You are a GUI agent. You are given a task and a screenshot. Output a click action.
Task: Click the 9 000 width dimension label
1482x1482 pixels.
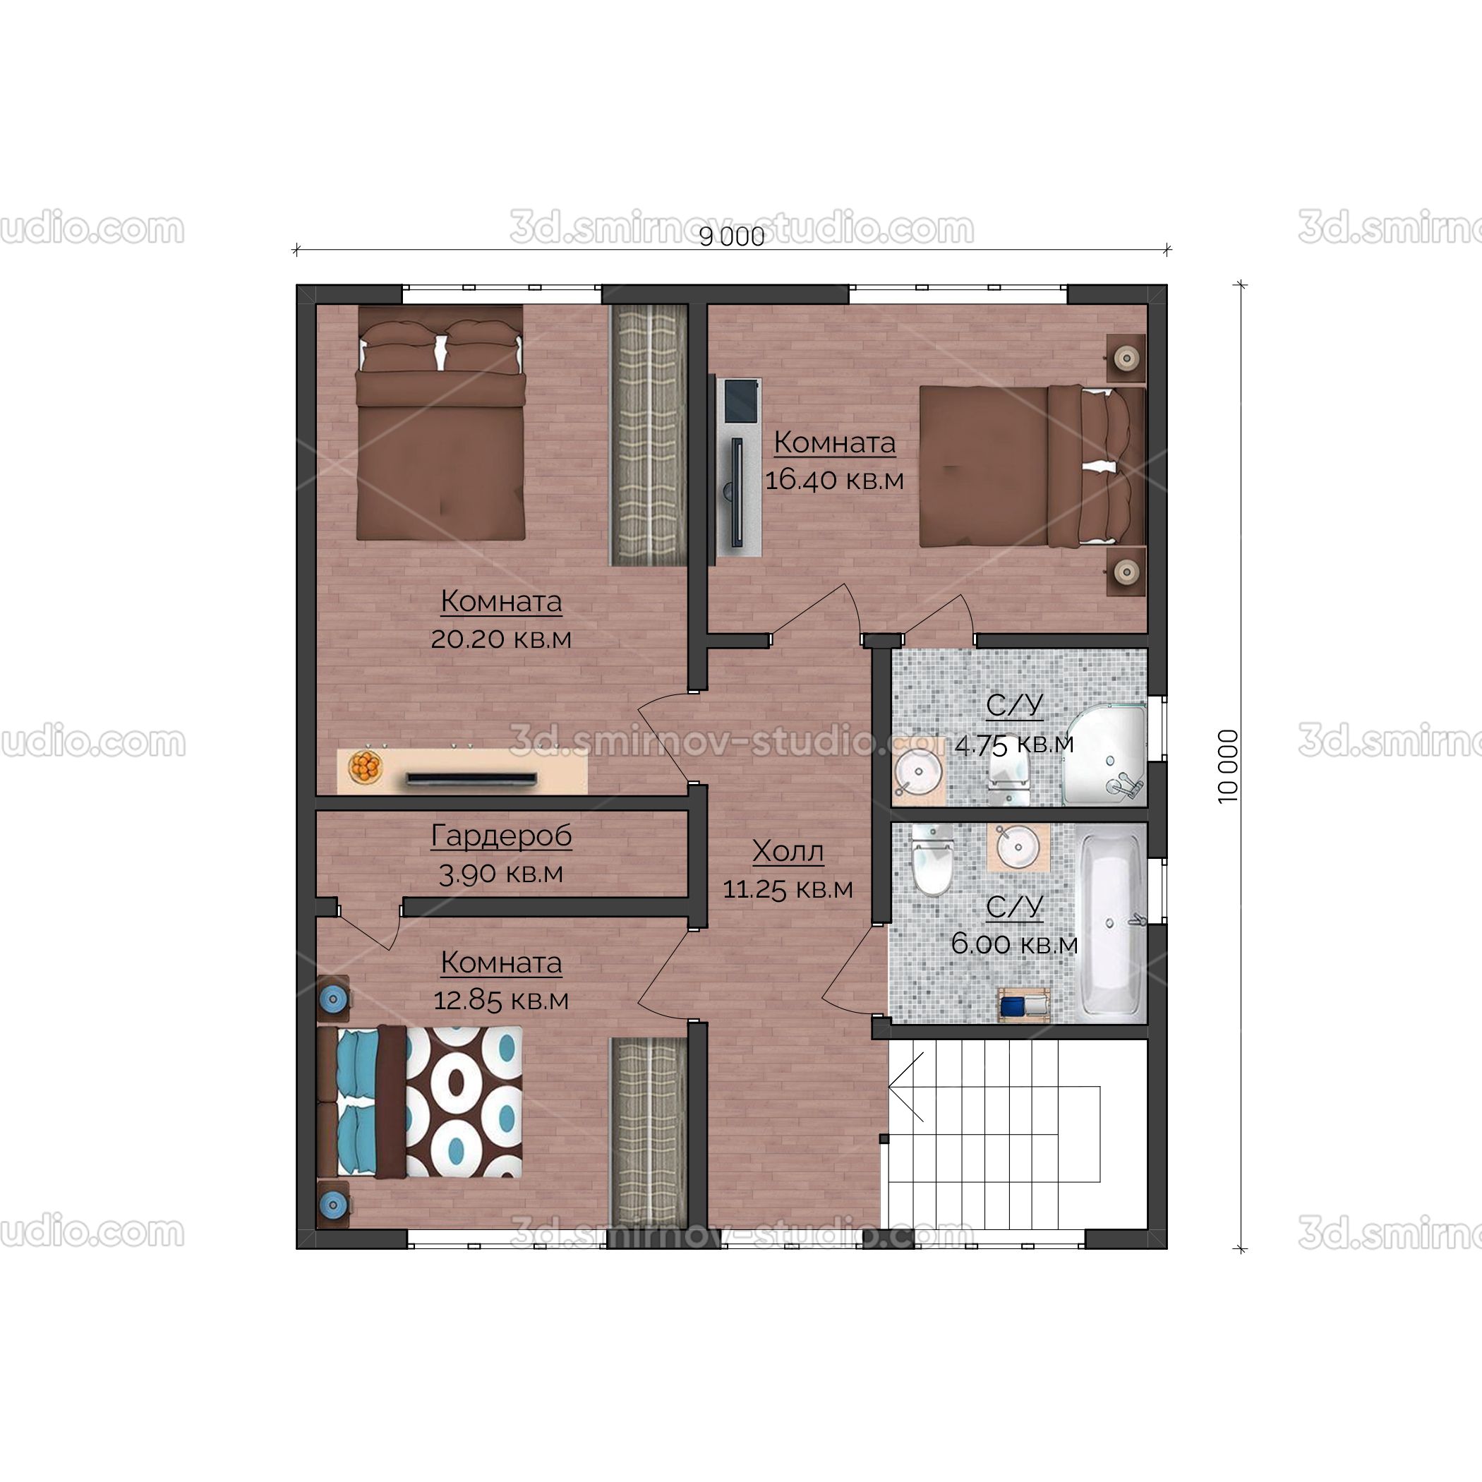pos(732,237)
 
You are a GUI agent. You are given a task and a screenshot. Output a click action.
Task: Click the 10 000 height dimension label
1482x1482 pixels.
pos(1228,766)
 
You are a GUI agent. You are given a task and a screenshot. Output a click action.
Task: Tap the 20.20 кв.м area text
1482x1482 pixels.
pos(501,638)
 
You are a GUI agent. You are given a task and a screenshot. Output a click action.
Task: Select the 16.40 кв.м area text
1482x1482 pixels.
pos(835,479)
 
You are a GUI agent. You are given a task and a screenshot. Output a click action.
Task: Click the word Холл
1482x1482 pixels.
pos(788,850)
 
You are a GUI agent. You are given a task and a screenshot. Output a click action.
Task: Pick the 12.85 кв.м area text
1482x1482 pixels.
pos(501,1000)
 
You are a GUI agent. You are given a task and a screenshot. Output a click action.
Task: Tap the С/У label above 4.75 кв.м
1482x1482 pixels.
pos(1014,705)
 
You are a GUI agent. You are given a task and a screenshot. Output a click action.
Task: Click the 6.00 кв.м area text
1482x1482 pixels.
pos(1014,944)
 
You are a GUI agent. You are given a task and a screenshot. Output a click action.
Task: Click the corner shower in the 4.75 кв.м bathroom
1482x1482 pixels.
pos(1104,754)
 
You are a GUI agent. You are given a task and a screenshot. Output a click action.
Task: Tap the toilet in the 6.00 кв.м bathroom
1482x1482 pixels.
pos(932,859)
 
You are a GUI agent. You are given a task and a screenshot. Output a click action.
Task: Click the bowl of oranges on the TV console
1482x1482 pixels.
pos(365,766)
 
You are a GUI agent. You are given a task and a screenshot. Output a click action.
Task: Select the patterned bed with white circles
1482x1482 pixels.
pos(421,1102)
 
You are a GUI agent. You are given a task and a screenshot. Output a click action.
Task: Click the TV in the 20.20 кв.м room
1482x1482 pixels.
pos(471,779)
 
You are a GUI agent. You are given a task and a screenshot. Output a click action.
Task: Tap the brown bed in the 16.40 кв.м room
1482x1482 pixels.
pos(1032,466)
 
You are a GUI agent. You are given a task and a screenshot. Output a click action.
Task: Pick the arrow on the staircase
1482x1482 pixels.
pos(905,1086)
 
